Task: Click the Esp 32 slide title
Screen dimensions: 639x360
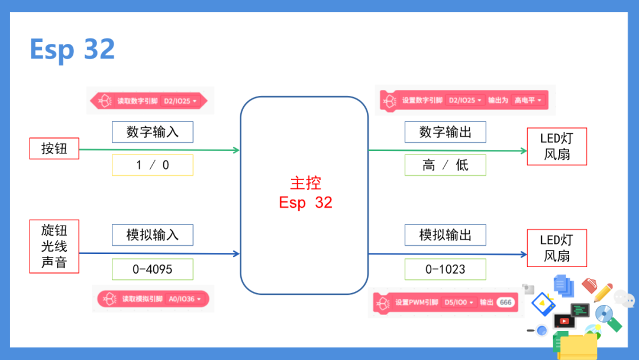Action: tap(72, 49)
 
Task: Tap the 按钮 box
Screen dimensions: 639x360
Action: tap(54, 149)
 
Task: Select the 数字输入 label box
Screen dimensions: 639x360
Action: tap(153, 131)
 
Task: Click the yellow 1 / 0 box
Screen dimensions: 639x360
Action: tap(153, 165)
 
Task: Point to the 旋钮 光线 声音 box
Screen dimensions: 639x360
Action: tap(54, 246)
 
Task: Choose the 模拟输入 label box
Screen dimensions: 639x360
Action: tap(153, 235)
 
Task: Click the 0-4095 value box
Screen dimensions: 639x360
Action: tap(153, 269)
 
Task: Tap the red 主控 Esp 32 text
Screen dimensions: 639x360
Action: tap(306, 192)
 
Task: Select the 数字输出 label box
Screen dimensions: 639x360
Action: tap(446, 131)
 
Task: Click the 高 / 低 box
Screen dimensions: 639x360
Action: tap(446, 165)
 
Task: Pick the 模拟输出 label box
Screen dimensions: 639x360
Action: tap(446, 235)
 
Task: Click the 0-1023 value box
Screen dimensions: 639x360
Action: tap(446, 269)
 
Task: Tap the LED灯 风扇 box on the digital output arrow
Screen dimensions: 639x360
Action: tap(557, 146)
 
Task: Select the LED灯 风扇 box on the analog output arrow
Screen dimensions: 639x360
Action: tap(557, 248)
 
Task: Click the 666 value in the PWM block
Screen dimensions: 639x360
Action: tap(505, 303)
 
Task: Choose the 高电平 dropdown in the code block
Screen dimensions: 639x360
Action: tap(528, 100)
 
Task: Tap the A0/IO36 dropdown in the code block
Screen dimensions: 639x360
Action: tap(185, 299)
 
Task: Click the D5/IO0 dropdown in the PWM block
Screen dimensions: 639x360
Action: tap(459, 303)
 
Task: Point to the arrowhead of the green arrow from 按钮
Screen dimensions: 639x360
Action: tap(236, 150)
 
